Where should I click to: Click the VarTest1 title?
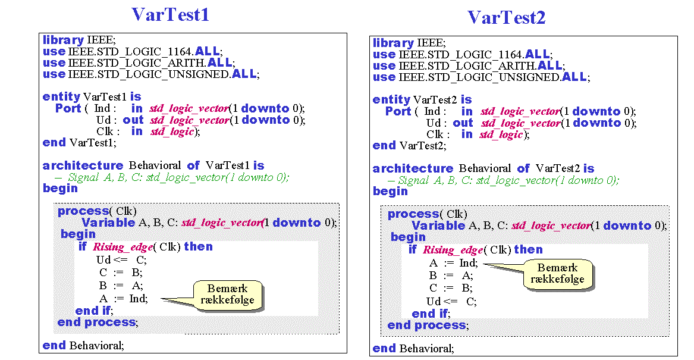[171, 15]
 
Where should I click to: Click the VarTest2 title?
[506, 18]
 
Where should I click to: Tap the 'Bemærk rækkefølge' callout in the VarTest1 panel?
[228, 295]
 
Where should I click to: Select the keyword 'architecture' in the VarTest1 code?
[83, 165]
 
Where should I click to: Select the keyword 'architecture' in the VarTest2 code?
[413, 169]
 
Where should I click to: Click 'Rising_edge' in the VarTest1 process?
[123, 247]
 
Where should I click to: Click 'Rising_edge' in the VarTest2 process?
[453, 250]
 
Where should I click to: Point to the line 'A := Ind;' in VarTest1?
[124, 299]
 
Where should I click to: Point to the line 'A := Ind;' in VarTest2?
[454, 263]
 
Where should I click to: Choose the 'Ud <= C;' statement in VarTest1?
[121, 260]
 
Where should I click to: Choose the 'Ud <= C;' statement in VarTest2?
[451, 302]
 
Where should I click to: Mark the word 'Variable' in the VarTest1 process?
[108, 223]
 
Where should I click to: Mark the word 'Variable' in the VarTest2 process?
[439, 226]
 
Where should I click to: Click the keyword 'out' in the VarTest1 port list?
[133, 120]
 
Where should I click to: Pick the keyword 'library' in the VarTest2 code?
[393, 43]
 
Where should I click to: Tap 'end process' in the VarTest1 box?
[96, 323]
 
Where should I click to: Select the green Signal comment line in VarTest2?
[503, 181]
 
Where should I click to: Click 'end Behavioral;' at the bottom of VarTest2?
[413, 349]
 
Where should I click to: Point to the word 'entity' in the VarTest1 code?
[61, 97]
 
